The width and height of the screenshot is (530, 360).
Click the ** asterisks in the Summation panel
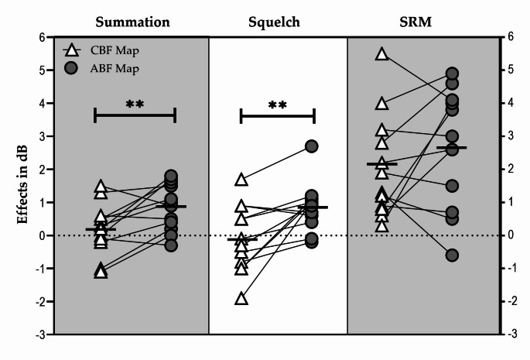click(x=135, y=104)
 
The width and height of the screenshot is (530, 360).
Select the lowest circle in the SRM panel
click(x=452, y=255)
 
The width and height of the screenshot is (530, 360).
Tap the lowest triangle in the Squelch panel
click(x=241, y=299)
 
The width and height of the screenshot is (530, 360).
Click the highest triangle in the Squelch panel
click(x=241, y=180)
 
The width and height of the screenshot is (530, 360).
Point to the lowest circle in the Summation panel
click(x=171, y=245)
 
